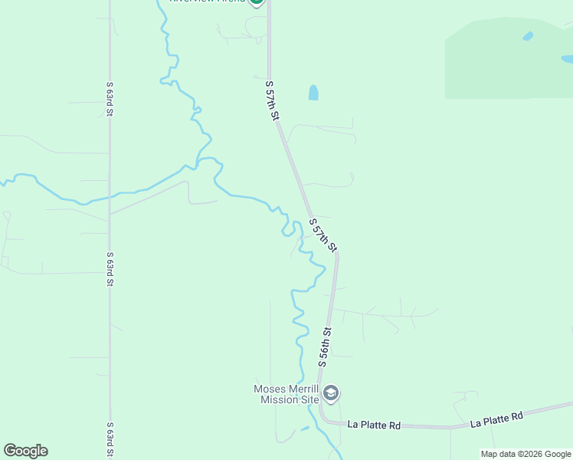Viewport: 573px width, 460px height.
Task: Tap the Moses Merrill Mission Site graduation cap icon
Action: [332, 394]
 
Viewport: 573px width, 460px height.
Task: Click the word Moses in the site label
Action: [270, 389]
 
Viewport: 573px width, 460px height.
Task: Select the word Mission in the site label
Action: [279, 399]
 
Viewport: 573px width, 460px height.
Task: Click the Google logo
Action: [25, 451]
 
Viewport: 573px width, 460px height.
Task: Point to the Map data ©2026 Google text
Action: [526, 454]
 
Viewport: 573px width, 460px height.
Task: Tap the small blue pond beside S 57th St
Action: [313, 93]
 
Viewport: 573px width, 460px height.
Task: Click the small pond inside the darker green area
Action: [528, 36]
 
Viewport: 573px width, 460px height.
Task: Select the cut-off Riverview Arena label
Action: [207, 2]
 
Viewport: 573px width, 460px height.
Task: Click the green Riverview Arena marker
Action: [257, 2]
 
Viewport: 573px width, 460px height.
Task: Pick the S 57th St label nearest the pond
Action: [271, 100]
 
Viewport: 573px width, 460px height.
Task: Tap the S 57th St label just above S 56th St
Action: [323, 235]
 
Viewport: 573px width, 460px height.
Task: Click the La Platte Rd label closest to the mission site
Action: [375, 424]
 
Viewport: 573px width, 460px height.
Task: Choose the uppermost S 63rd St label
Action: [110, 99]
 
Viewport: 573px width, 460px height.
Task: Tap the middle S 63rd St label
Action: [110, 268]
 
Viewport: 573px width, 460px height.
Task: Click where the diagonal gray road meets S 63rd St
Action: [110, 213]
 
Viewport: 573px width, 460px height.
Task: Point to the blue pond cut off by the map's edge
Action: [567, 58]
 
